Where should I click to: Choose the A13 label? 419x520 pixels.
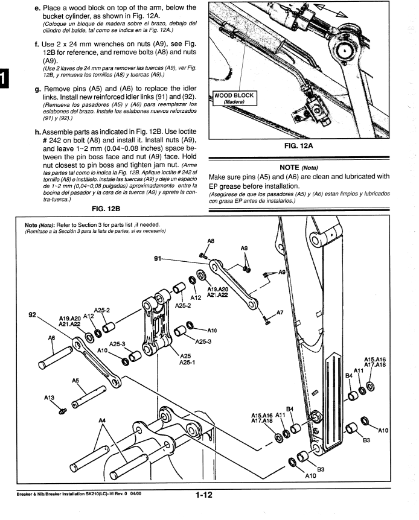tap(51, 398)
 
